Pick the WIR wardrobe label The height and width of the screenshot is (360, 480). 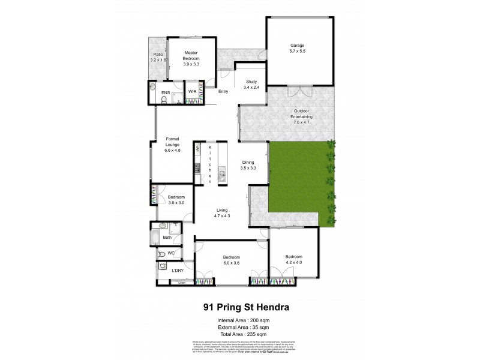192,92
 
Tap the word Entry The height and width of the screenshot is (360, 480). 223,92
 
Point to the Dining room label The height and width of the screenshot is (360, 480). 248,166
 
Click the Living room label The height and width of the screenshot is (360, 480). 223,214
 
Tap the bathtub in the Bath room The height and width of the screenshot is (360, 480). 155,238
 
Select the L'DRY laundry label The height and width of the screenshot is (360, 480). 178,271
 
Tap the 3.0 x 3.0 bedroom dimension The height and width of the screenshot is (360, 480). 176,203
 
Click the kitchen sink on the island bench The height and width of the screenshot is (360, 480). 222,176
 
